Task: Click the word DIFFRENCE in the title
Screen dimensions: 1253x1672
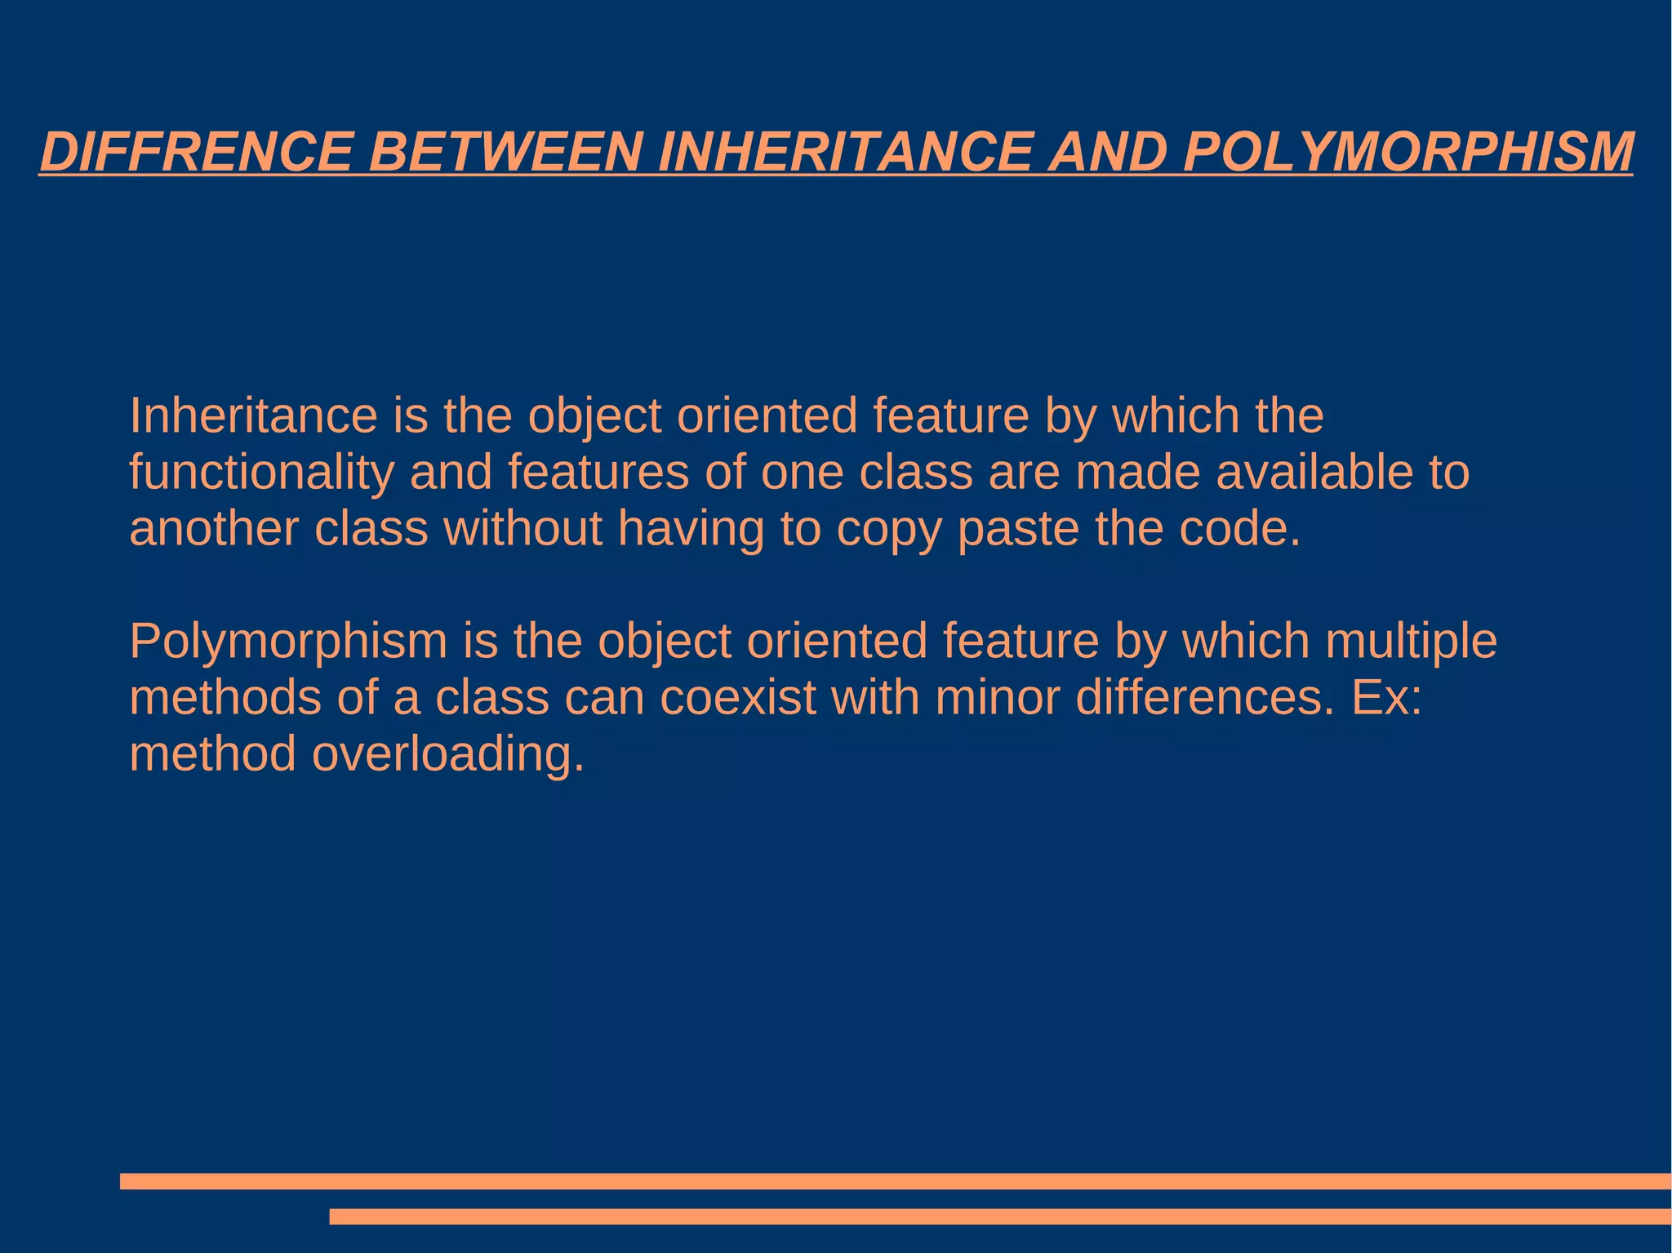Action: (x=196, y=153)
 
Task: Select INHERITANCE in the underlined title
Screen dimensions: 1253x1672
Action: (x=844, y=153)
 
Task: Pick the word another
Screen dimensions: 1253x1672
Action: (x=214, y=528)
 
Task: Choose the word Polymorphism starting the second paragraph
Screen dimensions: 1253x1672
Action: (x=288, y=642)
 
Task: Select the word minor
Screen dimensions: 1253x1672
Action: (x=997, y=698)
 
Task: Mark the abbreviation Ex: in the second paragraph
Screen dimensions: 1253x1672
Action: (x=1387, y=698)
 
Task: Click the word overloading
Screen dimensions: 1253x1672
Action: (x=448, y=754)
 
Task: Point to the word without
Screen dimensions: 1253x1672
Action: (x=523, y=528)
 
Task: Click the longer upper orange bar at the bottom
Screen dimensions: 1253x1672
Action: (x=896, y=1181)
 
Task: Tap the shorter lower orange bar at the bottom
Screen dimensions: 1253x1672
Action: (x=1000, y=1217)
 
